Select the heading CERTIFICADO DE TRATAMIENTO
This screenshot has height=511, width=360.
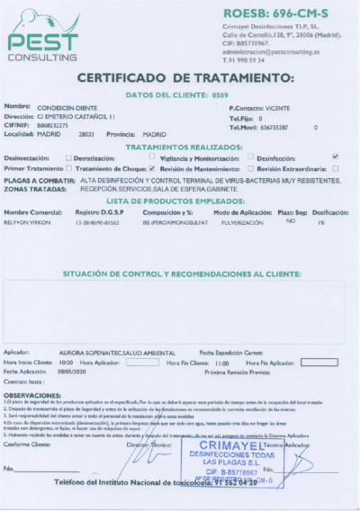[x=181, y=78]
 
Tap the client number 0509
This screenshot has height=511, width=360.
[x=220, y=94]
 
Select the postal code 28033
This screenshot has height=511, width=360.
[x=86, y=133]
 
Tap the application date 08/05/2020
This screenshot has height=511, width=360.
[x=70, y=372]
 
